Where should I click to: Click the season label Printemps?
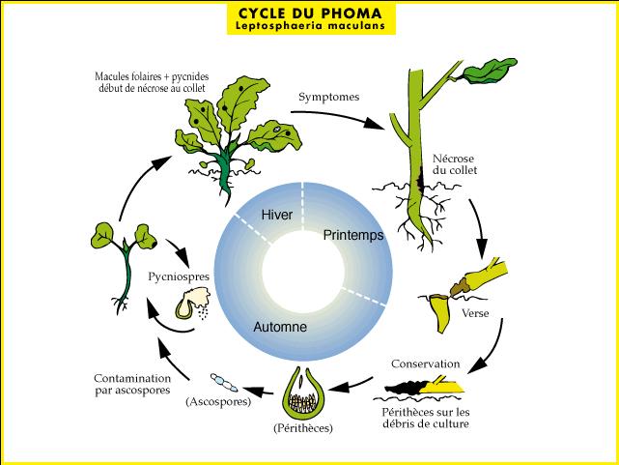[x=353, y=235]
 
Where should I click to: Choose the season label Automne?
[x=280, y=328]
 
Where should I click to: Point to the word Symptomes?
[x=329, y=98]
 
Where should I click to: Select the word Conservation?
[x=426, y=364]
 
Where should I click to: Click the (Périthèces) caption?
[x=302, y=426]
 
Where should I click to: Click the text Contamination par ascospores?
[x=132, y=384]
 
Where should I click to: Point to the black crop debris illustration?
[x=422, y=390]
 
